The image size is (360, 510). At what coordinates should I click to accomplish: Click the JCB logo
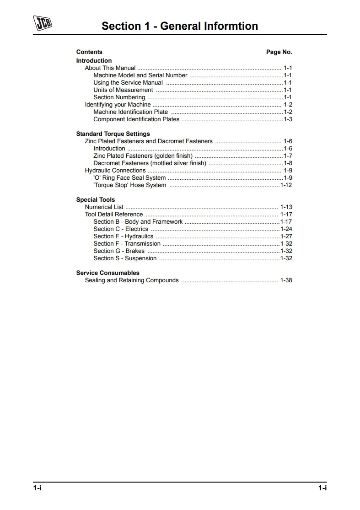pyautogui.click(x=43, y=23)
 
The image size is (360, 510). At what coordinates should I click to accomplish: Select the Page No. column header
pyautogui.click(x=279, y=52)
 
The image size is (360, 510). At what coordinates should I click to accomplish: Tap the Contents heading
pyautogui.click(x=89, y=52)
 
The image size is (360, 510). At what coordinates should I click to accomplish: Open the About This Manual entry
pyautogui.click(x=110, y=68)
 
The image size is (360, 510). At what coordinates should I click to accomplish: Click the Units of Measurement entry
pyautogui.click(x=123, y=90)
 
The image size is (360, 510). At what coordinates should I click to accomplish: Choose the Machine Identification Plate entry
pyautogui.click(x=130, y=112)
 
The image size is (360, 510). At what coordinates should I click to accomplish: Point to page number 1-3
pyautogui.click(x=288, y=119)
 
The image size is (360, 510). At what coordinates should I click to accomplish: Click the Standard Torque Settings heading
pyautogui.click(x=113, y=134)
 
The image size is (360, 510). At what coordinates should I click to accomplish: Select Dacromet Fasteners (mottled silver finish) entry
pyautogui.click(x=150, y=163)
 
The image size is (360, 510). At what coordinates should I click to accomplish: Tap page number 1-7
pyautogui.click(x=288, y=156)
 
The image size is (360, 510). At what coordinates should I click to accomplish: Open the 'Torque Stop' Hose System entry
pyautogui.click(x=129, y=185)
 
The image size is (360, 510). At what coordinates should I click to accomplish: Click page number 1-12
pyautogui.click(x=286, y=185)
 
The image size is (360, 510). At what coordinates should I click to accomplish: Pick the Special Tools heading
pyautogui.click(x=96, y=200)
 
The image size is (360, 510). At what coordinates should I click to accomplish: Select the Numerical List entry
pyautogui.click(x=104, y=207)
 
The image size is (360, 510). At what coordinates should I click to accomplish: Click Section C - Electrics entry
pyautogui.click(x=121, y=229)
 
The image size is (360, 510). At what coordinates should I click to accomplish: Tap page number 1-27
pyautogui.click(x=286, y=236)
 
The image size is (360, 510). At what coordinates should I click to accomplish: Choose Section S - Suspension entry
pyautogui.click(x=125, y=258)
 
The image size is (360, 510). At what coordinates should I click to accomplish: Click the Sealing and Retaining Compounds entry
pyautogui.click(x=132, y=280)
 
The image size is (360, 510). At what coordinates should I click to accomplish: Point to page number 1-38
pyautogui.click(x=286, y=280)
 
